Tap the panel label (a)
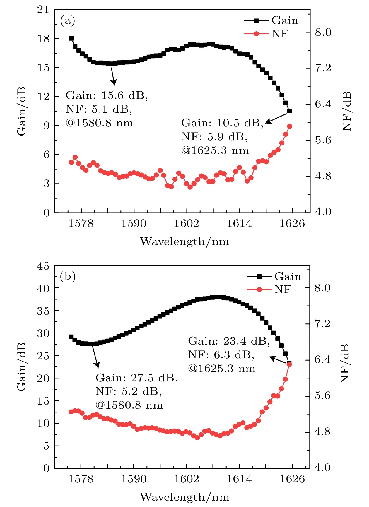pyautogui.click(x=68, y=21)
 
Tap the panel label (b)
pyautogui.click(x=68, y=276)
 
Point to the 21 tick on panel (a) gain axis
pyautogui.click(x=43, y=10)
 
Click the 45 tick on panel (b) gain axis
pyautogui.click(x=43, y=266)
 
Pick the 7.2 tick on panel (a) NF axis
pyautogui.click(x=323, y=68)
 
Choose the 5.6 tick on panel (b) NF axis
pyautogui.click(x=322, y=396)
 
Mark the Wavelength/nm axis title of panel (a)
pyautogui.click(x=184, y=242)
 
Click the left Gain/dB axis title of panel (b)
pyautogui.click(x=21, y=367)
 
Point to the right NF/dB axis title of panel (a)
pyautogui.click(x=347, y=111)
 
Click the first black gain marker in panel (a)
pyautogui.click(x=71, y=38)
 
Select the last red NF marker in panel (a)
pyautogui.click(x=290, y=126)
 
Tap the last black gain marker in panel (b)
pyautogui.click(x=289, y=363)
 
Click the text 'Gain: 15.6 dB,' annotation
pyautogui.click(x=107, y=96)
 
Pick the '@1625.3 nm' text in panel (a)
pyautogui.click(x=215, y=151)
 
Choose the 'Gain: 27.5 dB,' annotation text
pyautogui.click(x=136, y=378)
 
